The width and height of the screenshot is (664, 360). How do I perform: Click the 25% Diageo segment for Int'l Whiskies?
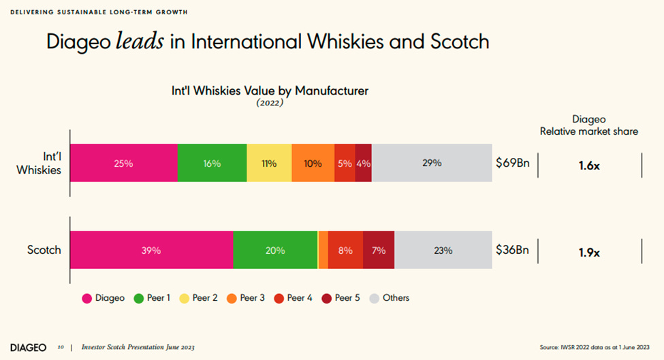click(x=123, y=163)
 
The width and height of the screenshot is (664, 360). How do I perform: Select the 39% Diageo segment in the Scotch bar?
click(x=151, y=250)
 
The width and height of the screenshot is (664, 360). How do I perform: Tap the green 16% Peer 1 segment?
click(x=212, y=163)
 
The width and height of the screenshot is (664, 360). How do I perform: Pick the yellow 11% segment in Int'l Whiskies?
click(x=269, y=163)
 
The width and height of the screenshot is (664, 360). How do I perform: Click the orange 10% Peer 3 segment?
click(x=313, y=163)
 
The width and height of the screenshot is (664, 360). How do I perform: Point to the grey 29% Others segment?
click(x=432, y=163)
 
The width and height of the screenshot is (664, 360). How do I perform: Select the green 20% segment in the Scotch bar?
click(x=275, y=250)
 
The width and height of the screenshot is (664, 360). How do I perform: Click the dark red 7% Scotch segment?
click(x=379, y=250)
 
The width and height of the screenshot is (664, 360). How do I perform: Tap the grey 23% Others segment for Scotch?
click(x=443, y=250)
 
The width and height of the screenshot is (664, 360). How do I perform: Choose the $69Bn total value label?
click(x=512, y=163)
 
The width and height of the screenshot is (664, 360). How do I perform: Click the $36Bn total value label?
click(x=512, y=250)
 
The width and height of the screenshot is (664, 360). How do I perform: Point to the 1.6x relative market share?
click(x=589, y=165)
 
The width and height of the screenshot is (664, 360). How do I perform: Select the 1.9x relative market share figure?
click(x=589, y=252)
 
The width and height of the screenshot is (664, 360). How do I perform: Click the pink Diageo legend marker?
click(x=86, y=298)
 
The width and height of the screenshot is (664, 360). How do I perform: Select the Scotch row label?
click(x=44, y=250)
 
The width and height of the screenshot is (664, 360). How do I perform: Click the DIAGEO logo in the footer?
click(x=28, y=347)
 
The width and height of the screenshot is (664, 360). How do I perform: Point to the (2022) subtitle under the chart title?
click(x=270, y=103)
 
